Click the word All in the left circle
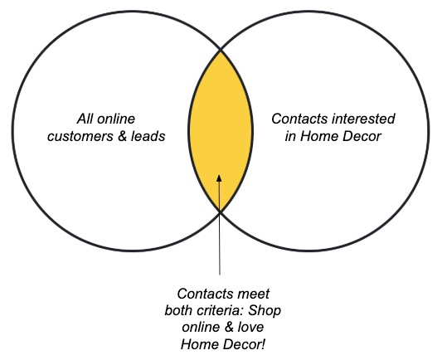[85, 119]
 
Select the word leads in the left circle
[148, 136]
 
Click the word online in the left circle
[116, 119]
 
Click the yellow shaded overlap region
[221, 119]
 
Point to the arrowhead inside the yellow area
[219, 178]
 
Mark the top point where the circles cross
[221, 50]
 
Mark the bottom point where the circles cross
[220, 212]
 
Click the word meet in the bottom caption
[253, 294]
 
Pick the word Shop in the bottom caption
[265, 311]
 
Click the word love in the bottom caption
[250, 327]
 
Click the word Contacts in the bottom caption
[206, 294]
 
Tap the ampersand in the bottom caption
[227, 327]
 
